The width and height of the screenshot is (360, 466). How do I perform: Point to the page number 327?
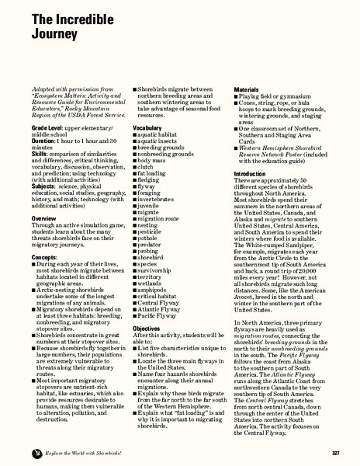[336, 451]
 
